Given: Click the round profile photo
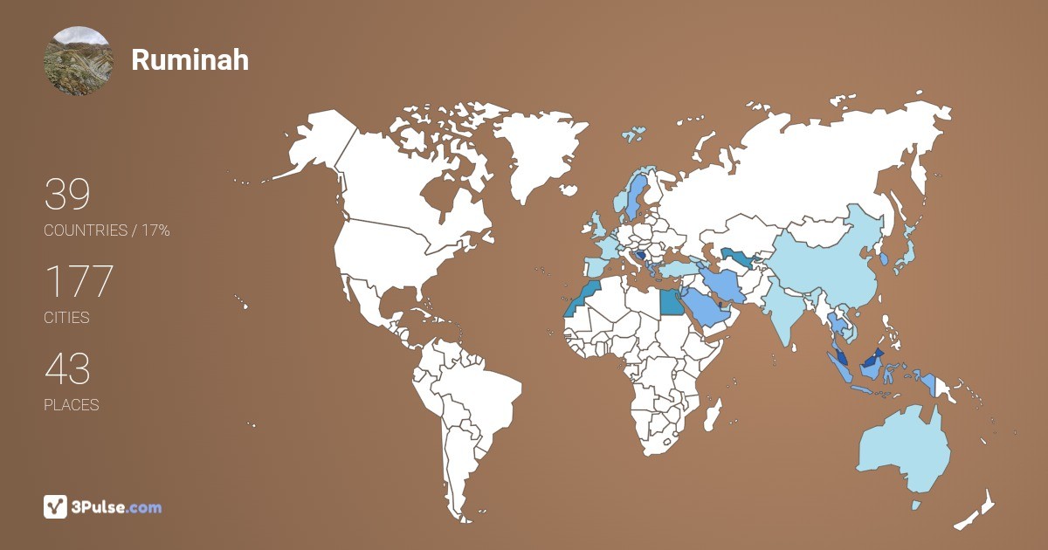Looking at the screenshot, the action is tap(78, 60).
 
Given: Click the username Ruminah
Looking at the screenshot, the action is tap(190, 59).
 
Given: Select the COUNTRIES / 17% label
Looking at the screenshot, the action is tap(107, 230).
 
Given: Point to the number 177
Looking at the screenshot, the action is tap(79, 281).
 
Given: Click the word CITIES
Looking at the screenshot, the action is tap(66, 318).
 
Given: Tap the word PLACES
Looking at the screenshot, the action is tap(71, 405).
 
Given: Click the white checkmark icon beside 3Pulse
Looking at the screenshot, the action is tap(55, 506).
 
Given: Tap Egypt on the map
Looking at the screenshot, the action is tap(672, 302).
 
